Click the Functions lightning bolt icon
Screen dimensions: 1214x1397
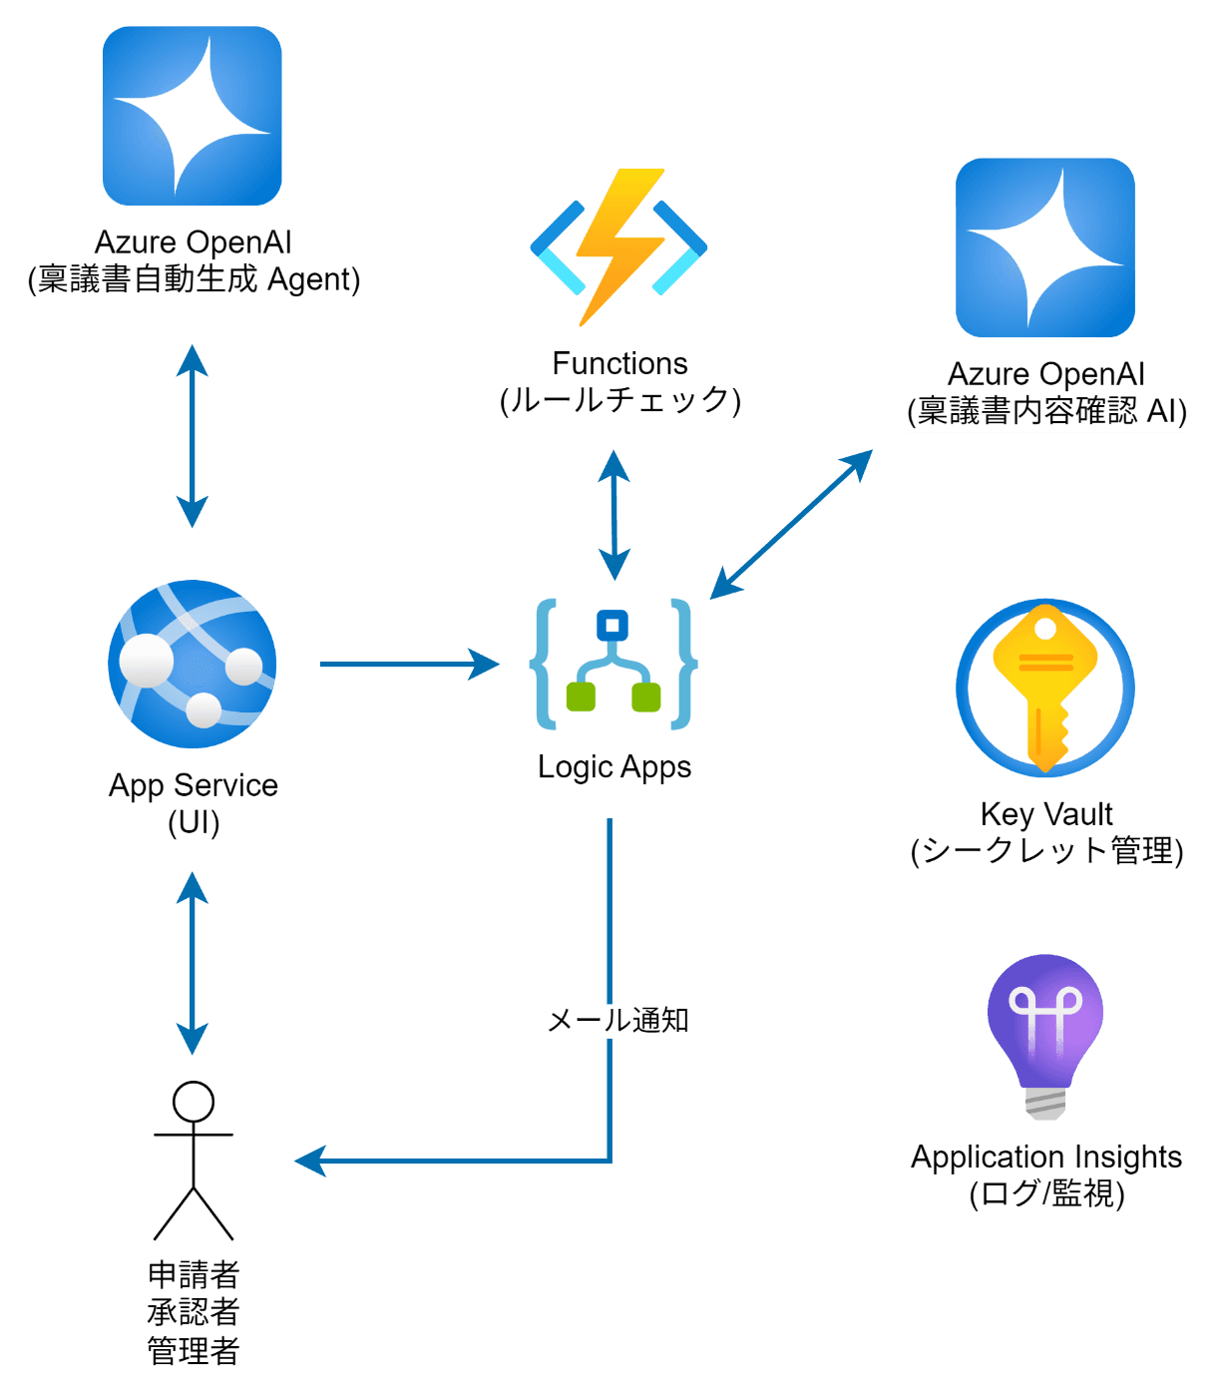(617, 246)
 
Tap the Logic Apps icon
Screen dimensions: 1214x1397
(612, 663)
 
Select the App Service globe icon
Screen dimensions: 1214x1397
(192, 663)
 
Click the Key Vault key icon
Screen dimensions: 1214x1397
(1044, 687)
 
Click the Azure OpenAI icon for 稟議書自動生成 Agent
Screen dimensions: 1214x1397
(192, 116)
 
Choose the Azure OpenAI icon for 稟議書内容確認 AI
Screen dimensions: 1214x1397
(1044, 247)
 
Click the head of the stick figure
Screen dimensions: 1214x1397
(194, 1102)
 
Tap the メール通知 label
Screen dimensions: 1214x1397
(617, 1020)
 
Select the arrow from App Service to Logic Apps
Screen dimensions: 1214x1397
(409, 664)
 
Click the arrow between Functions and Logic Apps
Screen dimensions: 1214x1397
(614, 515)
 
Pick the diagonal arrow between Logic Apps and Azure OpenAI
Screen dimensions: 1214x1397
(791, 525)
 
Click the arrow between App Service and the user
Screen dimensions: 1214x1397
(192, 963)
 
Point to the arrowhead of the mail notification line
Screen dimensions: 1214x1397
(309, 1161)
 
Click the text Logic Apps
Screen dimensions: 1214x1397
(614, 767)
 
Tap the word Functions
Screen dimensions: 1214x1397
(619, 363)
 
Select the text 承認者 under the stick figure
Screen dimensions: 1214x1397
(194, 1311)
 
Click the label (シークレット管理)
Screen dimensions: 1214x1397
(1046, 851)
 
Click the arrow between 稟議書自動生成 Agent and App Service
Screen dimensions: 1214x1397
(192, 436)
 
